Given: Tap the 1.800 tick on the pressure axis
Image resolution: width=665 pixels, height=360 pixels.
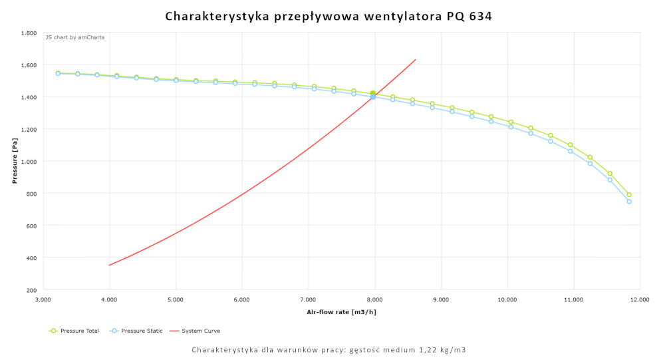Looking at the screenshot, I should click(x=28, y=33).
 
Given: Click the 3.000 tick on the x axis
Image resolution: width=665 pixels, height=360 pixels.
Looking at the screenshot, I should click(x=43, y=300).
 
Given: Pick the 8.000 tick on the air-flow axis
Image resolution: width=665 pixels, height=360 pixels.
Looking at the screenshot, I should click(x=374, y=300).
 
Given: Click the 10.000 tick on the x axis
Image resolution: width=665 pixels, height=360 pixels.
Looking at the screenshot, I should click(x=507, y=300).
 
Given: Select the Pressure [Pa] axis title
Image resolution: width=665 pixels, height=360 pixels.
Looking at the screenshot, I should click(x=14, y=161).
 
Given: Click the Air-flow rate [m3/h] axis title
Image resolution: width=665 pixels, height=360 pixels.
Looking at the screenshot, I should click(x=341, y=311).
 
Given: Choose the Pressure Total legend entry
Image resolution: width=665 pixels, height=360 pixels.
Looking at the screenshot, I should click(x=74, y=331).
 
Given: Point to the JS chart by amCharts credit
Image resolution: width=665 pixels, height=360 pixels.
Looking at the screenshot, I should click(x=74, y=37).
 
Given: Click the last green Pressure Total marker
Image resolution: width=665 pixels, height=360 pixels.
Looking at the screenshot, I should click(x=629, y=195).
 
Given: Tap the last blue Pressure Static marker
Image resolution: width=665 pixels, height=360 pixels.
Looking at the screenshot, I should click(x=629, y=202).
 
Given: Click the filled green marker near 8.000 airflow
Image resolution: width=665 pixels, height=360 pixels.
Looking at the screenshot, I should click(x=373, y=93).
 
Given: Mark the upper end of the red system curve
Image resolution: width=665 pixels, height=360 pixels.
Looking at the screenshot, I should click(x=416, y=60).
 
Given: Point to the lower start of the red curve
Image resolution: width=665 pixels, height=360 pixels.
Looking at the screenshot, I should click(x=110, y=266).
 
